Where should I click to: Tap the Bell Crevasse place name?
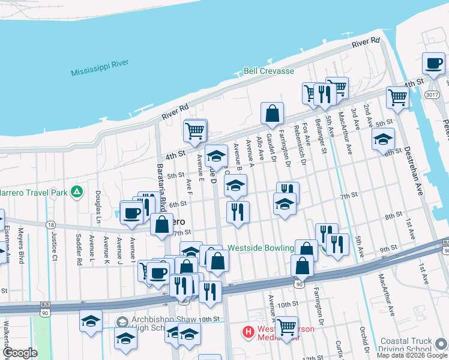(269, 71)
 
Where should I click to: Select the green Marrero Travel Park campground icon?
(76, 192)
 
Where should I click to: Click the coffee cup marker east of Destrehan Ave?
(433, 64)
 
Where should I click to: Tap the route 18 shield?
(50, 224)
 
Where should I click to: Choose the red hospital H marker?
(247, 331)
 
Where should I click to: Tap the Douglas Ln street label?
(97, 204)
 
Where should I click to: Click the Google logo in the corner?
(19, 353)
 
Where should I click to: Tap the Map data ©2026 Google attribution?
(412, 355)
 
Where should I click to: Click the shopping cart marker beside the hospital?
(286, 327)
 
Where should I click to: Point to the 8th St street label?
(393, 216)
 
